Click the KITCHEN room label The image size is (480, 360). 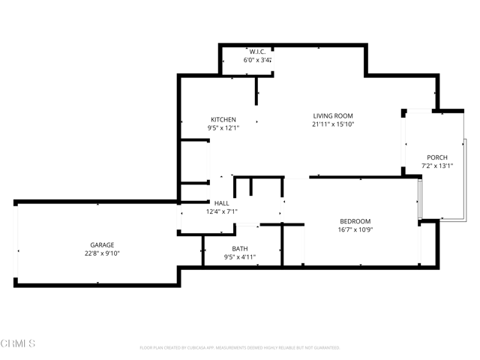(x=223, y=119)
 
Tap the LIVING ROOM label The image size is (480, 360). (x=333, y=115)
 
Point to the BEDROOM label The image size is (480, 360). (x=355, y=221)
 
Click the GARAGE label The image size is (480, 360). (x=103, y=245)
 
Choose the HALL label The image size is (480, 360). (x=222, y=203)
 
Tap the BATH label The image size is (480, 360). (x=240, y=249)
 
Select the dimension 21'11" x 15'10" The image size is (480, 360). (x=333, y=124)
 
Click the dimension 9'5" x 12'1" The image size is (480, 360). (x=223, y=128)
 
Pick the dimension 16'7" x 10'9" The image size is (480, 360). (x=355, y=229)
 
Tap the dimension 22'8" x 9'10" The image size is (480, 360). (x=103, y=253)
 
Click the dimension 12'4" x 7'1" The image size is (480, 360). (x=222, y=211)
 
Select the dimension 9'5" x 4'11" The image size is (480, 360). (x=240, y=257)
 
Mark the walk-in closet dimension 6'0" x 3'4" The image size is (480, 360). (x=257, y=60)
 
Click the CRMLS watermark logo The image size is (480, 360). (x=18, y=343)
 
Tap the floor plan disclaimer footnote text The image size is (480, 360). (x=240, y=348)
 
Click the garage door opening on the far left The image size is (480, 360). (x=16, y=244)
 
